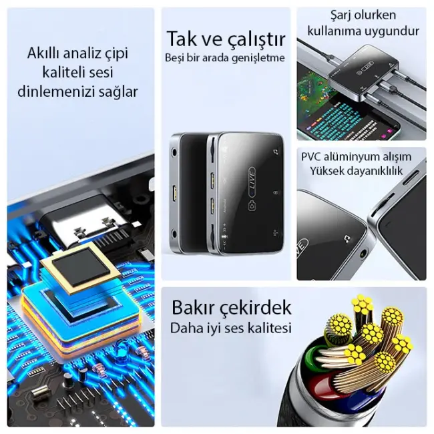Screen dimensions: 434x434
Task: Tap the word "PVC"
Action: tap(312, 158)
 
